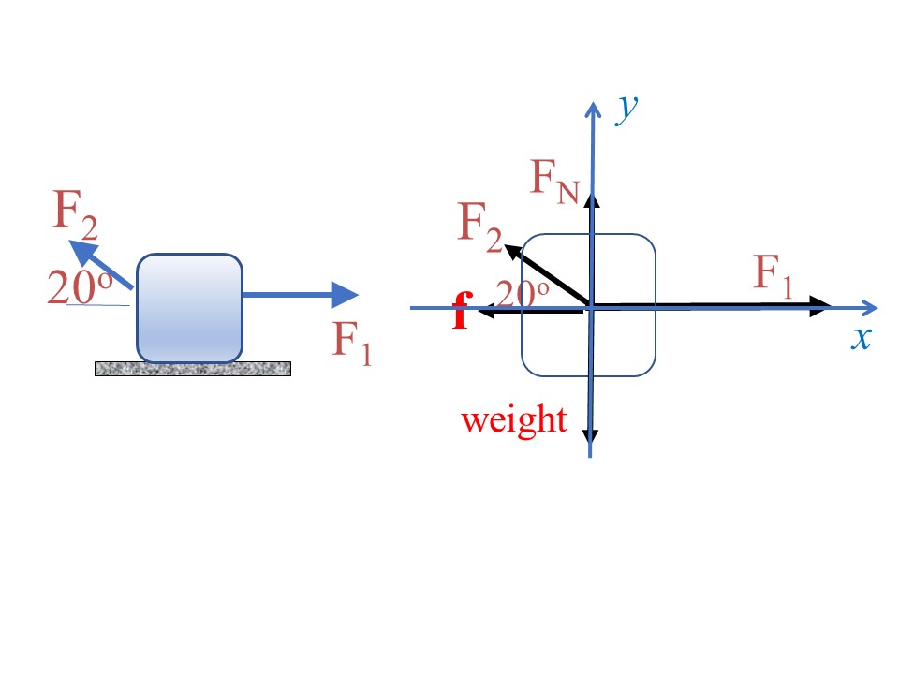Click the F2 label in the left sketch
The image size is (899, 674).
(75, 215)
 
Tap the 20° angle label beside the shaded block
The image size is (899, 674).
(80, 287)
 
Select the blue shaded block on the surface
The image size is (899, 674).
(190, 308)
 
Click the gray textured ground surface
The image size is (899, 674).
(193, 369)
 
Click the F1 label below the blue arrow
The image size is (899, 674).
(352, 343)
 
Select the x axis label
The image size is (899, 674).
(862, 338)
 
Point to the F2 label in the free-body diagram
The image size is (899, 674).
(480, 227)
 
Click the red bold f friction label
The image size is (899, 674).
(463, 310)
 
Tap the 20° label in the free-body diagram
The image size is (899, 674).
(523, 293)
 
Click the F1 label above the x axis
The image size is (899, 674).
(774, 276)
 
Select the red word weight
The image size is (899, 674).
(514, 420)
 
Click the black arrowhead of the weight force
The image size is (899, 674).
(591, 435)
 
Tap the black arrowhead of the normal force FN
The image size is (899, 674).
(592, 200)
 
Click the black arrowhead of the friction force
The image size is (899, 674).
(486, 312)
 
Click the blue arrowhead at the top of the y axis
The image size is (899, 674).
(593, 110)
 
